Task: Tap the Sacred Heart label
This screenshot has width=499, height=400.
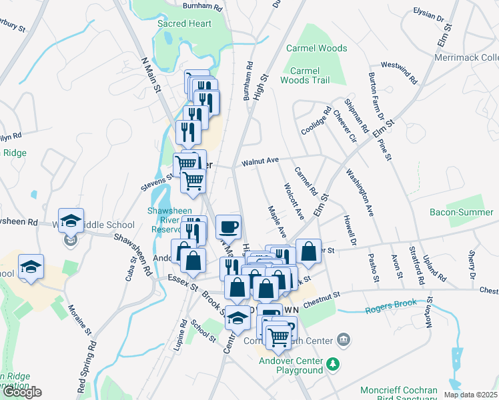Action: click(184, 24)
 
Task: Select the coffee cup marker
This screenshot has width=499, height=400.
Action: click(228, 226)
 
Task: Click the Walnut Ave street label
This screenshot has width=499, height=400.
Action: click(260, 161)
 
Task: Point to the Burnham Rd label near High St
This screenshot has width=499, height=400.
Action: click(249, 81)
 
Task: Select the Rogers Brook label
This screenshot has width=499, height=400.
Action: click(391, 307)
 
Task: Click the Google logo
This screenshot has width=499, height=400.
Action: click(21, 392)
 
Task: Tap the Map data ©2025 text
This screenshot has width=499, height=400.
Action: click(470, 395)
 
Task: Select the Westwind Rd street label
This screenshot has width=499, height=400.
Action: click(398, 73)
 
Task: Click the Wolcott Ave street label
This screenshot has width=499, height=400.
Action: click(294, 201)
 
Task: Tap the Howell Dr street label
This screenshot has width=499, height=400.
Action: click(351, 229)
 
